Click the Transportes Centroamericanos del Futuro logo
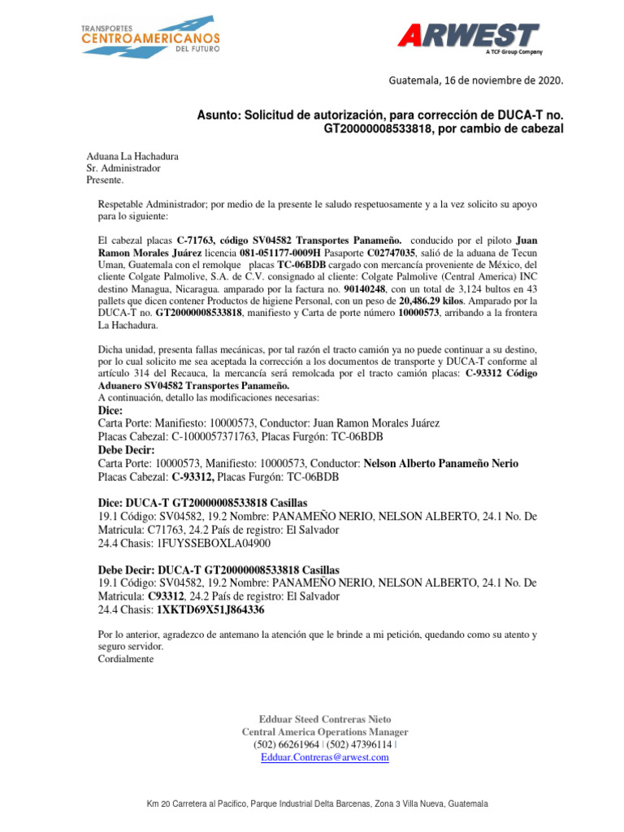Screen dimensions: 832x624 149,36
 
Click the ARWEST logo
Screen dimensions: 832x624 468,37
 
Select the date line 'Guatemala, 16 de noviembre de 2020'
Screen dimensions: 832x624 475,80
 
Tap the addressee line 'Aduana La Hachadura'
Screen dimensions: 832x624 132,157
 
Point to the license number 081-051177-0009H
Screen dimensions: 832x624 278,253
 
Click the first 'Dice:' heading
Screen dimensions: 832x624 110,410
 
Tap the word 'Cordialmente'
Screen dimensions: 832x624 125,659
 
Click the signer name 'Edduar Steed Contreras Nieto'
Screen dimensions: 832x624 324,719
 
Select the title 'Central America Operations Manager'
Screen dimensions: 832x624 325,732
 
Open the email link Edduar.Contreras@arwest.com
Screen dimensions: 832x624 324,757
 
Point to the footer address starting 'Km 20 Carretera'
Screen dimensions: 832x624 317,804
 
